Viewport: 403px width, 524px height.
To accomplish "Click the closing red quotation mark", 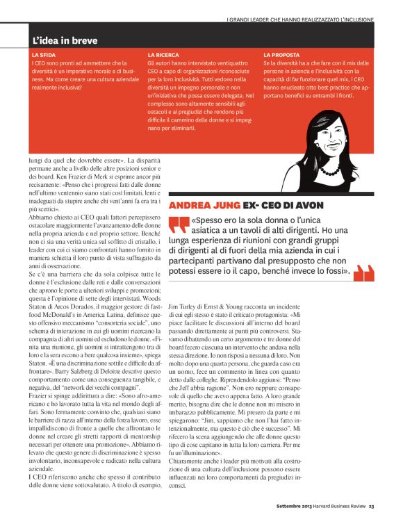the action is coord(363,274).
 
